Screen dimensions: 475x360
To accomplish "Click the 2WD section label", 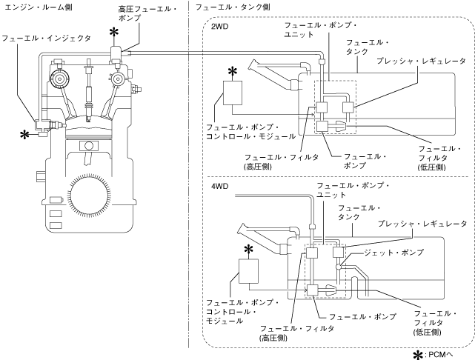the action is (219, 27).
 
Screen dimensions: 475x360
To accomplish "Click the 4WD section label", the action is (219, 187).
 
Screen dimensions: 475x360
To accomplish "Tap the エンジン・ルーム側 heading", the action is (39, 7).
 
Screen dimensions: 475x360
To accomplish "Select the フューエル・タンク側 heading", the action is (233, 7).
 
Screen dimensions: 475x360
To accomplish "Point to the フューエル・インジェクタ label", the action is (47, 39).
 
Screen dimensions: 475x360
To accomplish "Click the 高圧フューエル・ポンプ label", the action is (147, 13).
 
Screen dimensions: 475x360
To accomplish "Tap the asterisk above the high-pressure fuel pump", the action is (114, 33).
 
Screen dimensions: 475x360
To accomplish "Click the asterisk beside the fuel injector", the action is (24, 135).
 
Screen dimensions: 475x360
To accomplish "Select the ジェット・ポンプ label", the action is (393, 253).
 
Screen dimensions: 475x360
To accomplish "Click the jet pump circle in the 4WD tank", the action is (339, 267).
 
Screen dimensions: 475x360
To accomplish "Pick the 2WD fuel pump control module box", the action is (233, 93).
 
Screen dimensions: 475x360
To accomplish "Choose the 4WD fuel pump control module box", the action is (249, 271).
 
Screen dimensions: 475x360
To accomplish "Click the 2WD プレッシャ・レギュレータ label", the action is (421, 61).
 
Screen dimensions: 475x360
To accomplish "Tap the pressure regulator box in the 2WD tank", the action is (348, 107).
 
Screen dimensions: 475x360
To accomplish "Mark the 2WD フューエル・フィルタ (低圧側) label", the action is (439, 158).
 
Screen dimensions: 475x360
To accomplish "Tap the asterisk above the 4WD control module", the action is (248, 250).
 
